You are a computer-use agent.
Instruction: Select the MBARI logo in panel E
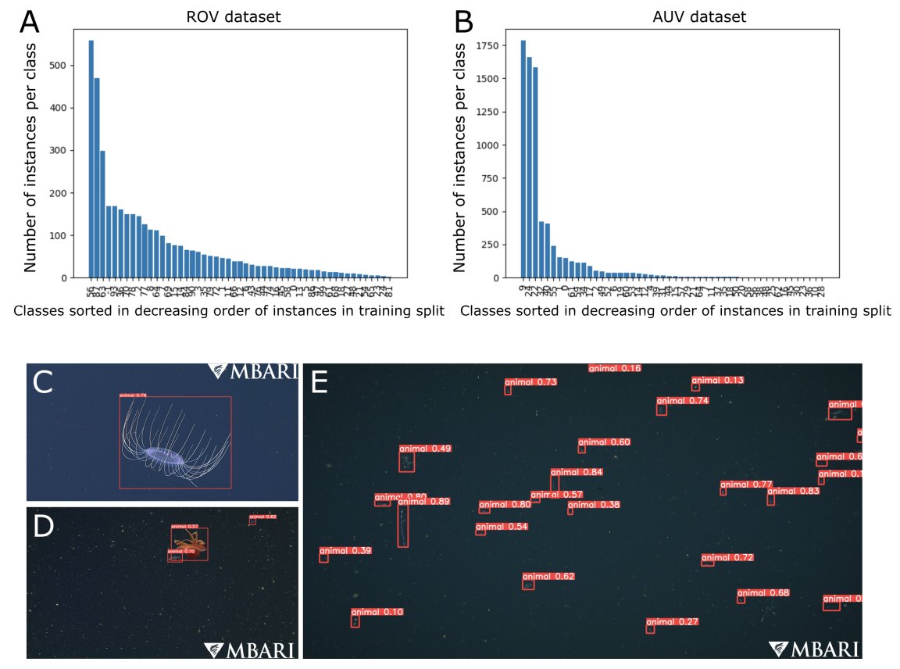(x=814, y=649)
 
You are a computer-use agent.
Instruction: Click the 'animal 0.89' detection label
(x=423, y=501)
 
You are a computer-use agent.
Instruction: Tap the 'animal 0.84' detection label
(x=577, y=472)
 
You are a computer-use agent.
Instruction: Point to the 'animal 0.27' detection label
(x=672, y=622)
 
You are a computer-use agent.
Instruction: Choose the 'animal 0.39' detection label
(x=345, y=550)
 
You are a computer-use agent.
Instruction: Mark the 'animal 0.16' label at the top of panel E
(x=614, y=368)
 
